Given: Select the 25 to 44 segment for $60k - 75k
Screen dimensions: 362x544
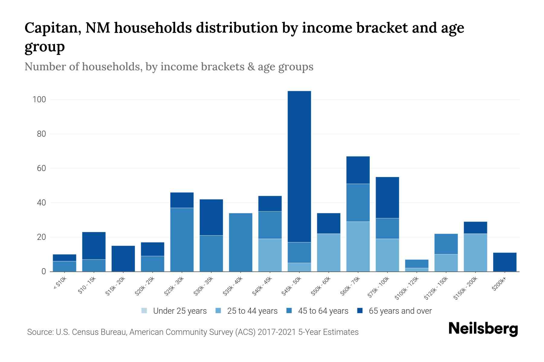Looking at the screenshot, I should pyautogui.click(x=358, y=246).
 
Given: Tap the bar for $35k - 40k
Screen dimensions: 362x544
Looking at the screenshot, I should pyautogui.click(x=241, y=242).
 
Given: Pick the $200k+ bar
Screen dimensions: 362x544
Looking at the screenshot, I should pyautogui.click(x=505, y=262).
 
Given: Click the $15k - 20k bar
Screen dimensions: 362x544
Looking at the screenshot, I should pyautogui.click(x=123, y=259).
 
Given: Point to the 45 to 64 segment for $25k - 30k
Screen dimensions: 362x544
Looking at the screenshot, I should pyautogui.click(x=182, y=240).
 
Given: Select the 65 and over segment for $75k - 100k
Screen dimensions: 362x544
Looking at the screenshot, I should pyautogui.click(x=387, y=198).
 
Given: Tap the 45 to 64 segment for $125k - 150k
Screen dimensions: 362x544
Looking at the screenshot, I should pyautogui.click(x=446, y=244).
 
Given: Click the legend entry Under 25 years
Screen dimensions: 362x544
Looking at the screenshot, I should pyautogui.click(x=180, y=311).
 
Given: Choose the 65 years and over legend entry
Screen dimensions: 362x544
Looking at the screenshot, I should pyautogui.click(x=400, y=311).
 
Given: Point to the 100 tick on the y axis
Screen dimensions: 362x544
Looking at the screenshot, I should pyautogui.click(x=39, y=100).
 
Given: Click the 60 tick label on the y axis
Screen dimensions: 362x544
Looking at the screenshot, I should pyautogui.click(x=41, y=168).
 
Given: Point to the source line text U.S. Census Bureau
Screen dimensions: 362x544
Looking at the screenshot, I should pyautogui.click(x=91, y=332).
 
